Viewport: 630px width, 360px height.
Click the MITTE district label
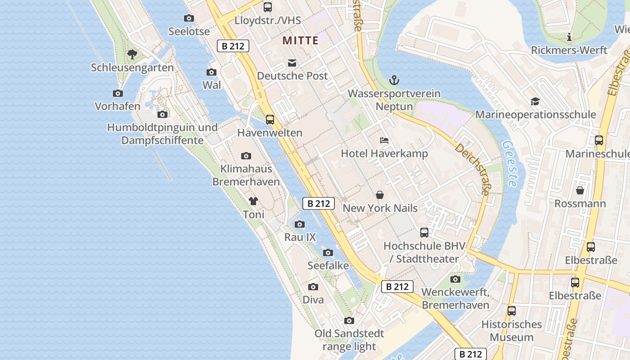click(300, 40)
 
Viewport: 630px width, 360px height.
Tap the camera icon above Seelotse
click(189, 18)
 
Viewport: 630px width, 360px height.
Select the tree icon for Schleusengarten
click(132, 54)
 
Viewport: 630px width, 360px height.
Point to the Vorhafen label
click(117, 107)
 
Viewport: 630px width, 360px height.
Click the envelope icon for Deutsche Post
click(292, 63)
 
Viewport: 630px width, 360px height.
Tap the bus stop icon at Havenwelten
click(270, 120)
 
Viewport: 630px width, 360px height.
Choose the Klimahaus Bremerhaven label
click(246, 175)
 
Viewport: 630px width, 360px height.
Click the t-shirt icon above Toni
click(253, 201)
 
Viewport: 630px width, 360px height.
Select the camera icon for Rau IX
click(300, 224)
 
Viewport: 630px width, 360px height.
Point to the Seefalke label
click(328, 265)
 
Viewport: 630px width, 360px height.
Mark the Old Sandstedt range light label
click(349, 340)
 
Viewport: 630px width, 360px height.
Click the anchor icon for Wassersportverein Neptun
click(394, 81)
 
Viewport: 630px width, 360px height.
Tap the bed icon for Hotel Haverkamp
click(384, 140)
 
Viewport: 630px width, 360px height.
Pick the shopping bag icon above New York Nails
click(380, 195)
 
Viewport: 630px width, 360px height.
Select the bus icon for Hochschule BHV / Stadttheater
click(424, 233)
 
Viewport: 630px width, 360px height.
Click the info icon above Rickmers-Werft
click(569, 37)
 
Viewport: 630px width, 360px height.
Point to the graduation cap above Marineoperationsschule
click(535, 102)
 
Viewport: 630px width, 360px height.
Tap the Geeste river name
click(510, 164)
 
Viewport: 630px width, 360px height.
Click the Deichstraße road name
click(472, 169)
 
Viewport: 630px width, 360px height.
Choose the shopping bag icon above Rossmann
click(580, 190)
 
